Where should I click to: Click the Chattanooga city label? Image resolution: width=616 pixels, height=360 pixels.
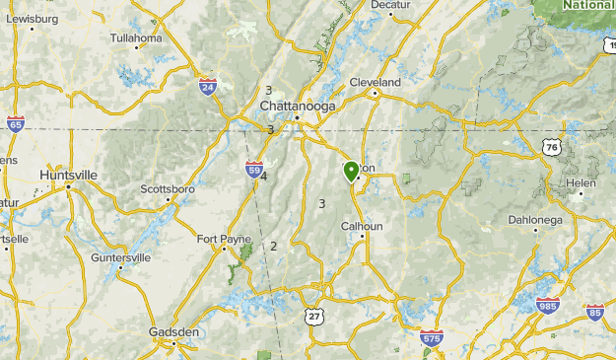pos(298,106)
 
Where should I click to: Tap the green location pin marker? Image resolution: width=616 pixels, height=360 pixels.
pos(351,172)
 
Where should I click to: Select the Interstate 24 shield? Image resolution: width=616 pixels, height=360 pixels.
pos(207,87)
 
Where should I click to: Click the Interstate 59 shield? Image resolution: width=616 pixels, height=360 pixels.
pos(254,169)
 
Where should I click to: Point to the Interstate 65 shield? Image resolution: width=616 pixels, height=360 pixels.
pos(15,124)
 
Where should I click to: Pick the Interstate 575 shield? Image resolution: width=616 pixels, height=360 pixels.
pos(431,338)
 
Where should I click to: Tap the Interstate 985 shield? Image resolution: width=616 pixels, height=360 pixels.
pos(549,306)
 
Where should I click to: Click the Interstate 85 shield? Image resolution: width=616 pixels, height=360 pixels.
pos(594,313)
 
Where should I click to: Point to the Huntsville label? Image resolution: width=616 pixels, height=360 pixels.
pos(69,175)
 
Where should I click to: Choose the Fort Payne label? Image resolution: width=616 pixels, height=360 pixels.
pos(224,239)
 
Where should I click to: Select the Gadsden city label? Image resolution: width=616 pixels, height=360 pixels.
pos(174,332)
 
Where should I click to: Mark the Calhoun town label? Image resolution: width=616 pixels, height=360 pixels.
pos(361,226)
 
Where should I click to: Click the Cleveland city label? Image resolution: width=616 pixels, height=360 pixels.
pos(375,82)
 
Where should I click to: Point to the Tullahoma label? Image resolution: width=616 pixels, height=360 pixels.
pos(135,38)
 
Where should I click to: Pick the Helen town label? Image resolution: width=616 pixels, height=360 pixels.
pos(580,183)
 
